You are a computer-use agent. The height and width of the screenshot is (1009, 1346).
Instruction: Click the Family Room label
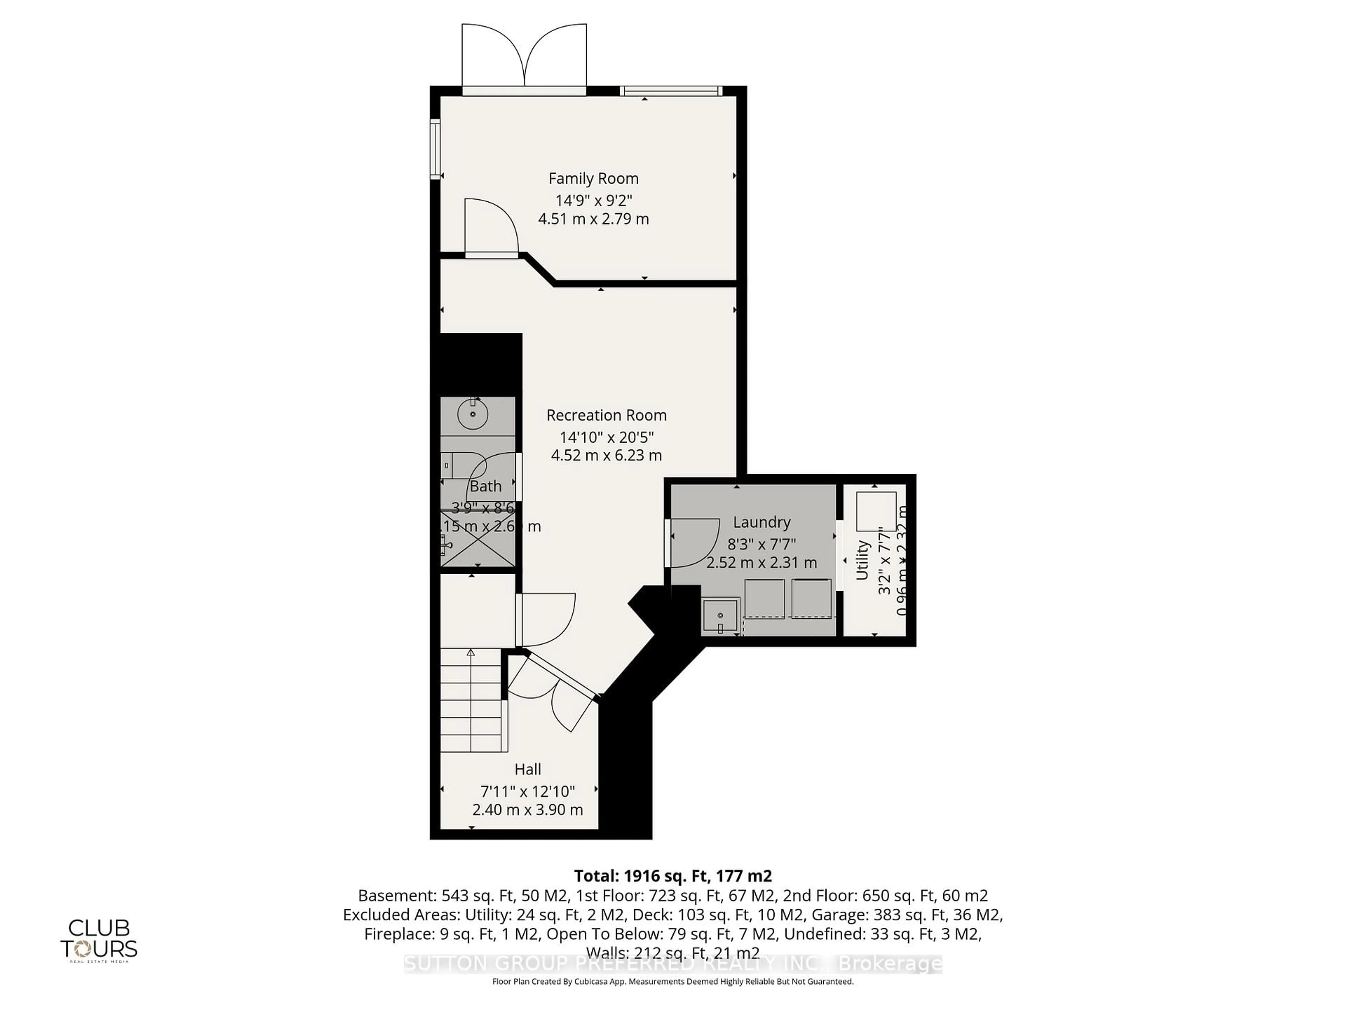(593, 178)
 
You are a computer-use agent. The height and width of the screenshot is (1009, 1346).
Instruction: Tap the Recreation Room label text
(606, 415)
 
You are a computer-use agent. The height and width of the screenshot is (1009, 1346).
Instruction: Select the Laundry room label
(761, 522)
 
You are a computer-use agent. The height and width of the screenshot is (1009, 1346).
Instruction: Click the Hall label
(528, 769)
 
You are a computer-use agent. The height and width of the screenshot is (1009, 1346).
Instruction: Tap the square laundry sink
(720, 616)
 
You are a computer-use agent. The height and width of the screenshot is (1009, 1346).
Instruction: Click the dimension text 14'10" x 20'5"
(606, 437)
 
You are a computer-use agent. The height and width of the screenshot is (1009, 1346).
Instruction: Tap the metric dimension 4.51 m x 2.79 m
(593, 219)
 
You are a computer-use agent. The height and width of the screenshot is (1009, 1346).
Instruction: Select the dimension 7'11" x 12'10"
(528, 791)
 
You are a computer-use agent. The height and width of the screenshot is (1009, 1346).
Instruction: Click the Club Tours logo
(98, 940)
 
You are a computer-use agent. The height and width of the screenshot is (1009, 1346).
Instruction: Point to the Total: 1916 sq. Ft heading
(672, 876)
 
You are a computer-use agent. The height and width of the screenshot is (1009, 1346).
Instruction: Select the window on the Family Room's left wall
(435, 149)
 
